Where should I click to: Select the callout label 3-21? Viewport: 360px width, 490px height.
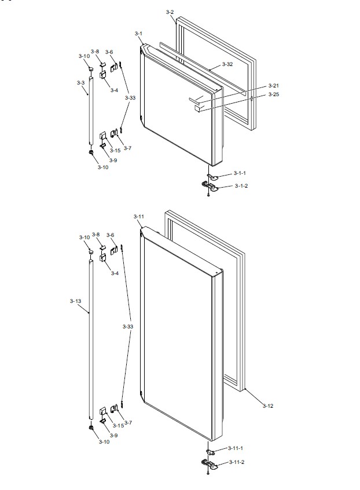[274, 86]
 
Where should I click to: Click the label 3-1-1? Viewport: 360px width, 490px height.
[240, 174]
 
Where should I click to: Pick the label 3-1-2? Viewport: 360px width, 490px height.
[241, 186]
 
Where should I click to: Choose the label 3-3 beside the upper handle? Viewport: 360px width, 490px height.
[81, 83]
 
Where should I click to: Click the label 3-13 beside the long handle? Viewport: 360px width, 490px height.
[75, 301]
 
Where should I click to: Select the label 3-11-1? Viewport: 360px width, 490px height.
[236, 448]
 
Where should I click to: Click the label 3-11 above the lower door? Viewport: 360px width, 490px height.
[138, 217]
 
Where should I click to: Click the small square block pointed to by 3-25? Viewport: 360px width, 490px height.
[198, 108]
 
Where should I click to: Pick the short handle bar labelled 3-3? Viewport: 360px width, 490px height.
[89, 110]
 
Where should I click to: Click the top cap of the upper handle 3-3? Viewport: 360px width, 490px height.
[91, 70]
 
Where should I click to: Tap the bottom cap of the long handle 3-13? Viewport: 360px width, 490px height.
[91, 427]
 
